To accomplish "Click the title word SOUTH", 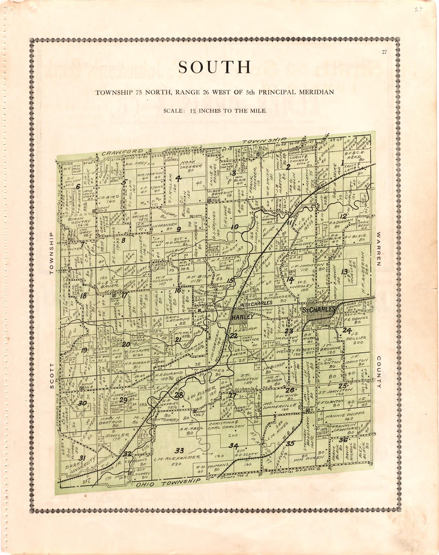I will (214, 67).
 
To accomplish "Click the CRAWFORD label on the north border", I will (122, 152).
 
